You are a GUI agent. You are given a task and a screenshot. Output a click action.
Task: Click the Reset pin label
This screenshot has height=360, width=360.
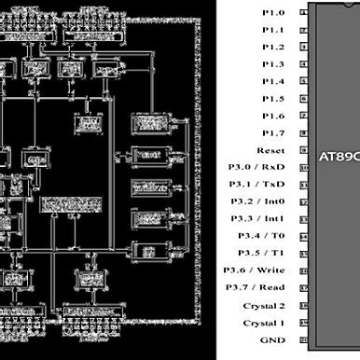coord(270,151)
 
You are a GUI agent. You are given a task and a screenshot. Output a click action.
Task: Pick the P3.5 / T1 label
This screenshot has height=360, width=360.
coord(261,254)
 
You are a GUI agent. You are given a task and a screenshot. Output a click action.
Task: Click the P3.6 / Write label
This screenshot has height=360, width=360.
coord(255,270)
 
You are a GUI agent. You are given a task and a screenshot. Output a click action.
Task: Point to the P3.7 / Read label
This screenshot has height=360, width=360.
coord(256,288)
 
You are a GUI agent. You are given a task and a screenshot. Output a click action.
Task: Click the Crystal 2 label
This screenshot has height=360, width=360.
coord(264,306)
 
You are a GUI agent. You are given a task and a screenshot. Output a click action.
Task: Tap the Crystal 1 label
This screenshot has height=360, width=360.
coord(264,323)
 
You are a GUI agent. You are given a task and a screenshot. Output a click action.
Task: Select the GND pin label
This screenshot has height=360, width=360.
coord(273,340)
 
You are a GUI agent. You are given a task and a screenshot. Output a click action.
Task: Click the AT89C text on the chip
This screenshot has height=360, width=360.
coord(339,155)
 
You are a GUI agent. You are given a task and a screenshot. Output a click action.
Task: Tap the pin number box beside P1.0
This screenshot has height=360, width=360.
coord(304,13)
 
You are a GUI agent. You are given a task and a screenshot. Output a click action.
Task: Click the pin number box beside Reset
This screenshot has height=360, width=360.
coord(304,151)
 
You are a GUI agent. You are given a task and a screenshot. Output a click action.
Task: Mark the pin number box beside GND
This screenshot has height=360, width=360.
coord(304,340)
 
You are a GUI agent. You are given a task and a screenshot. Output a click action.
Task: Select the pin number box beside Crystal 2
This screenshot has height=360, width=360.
coord(304,306)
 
